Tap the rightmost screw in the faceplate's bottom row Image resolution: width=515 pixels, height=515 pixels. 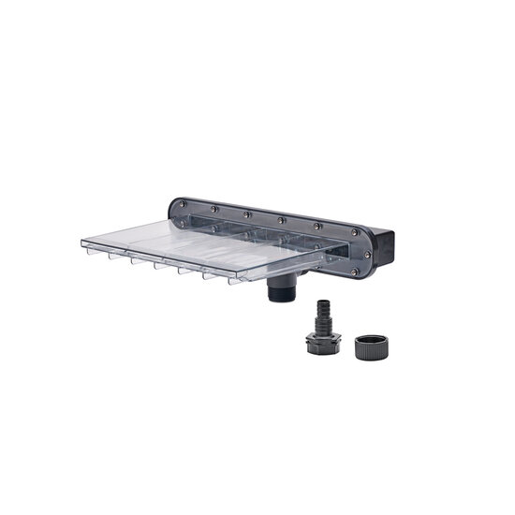point(353,272)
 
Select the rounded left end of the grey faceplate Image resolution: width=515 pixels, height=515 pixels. point(172,212)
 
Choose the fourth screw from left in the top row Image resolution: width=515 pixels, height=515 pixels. point(282,221)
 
